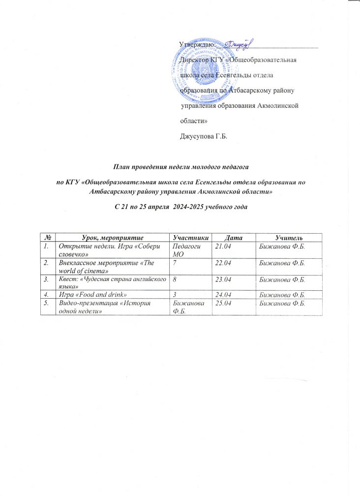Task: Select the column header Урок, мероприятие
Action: click(111, 238)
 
